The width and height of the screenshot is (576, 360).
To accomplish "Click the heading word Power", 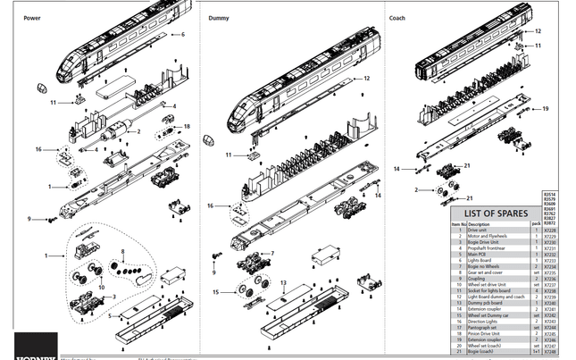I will (x=31, y=18).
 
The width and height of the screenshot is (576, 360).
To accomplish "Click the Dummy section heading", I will (x=218, y=18).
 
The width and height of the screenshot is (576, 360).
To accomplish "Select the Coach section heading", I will (x=397, y=18).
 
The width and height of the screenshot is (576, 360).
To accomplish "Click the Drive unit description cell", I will (x=481, y=230).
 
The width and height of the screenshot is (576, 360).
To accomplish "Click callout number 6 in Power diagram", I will (x=182, y=34).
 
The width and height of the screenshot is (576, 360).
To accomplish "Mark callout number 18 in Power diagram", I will (x=187, y=126).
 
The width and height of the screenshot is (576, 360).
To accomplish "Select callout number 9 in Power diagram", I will (x=29, y=219).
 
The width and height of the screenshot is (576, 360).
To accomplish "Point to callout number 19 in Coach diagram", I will (x=545, y=109).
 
